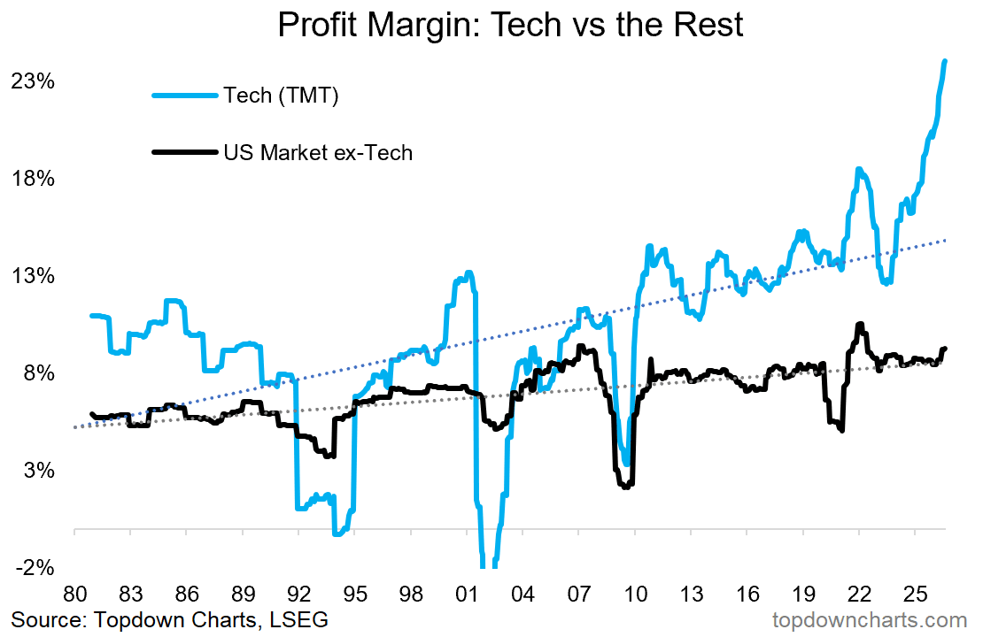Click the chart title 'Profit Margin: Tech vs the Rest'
(510, 25)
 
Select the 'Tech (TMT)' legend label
(281, 96)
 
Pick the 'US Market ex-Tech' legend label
(318, 152)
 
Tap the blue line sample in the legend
(186, 96)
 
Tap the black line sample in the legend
(186, 151)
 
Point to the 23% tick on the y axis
(33, 81)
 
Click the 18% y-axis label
(33, 179)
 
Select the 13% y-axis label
(33, 276)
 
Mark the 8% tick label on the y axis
(39, 373)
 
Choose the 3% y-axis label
(39, 471)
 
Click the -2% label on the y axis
(35, 567)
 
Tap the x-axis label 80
(74, 593)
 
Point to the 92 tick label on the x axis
(298, 593)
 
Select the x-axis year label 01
(467, 593)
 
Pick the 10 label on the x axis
(635, 593)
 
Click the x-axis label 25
(916, 593)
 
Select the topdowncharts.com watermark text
(870, 621)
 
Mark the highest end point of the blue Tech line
(946, 61)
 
